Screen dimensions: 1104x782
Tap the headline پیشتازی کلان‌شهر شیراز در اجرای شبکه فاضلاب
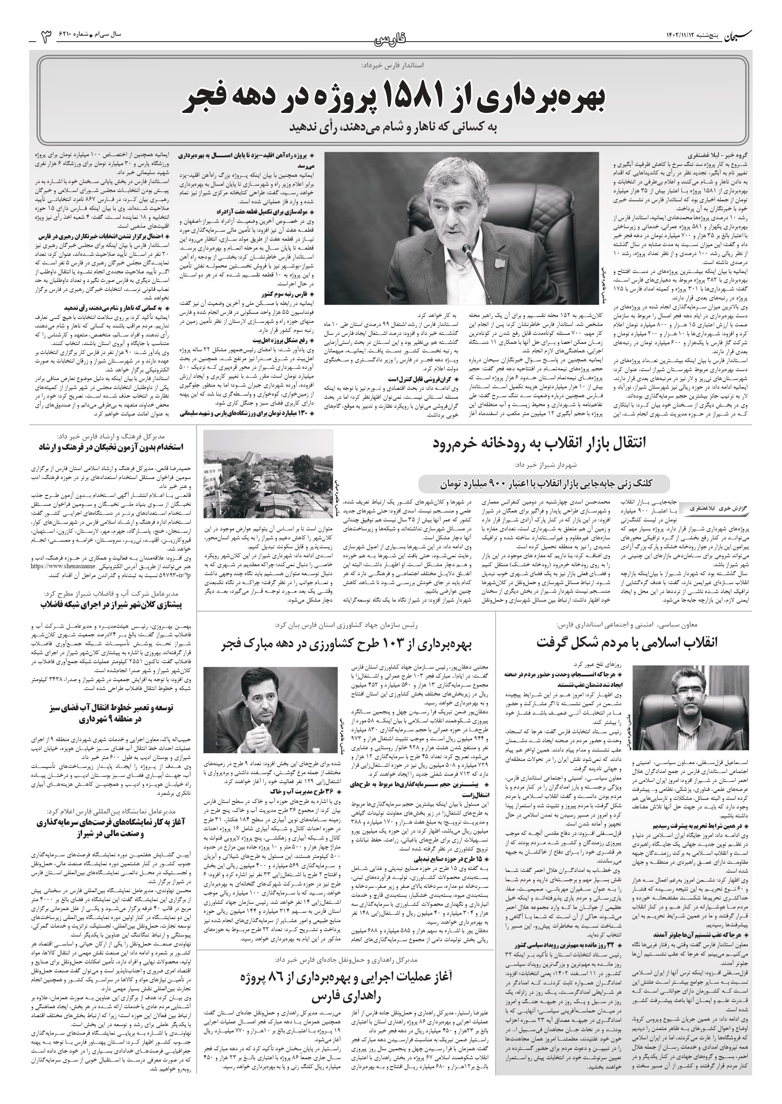coord(111,605)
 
